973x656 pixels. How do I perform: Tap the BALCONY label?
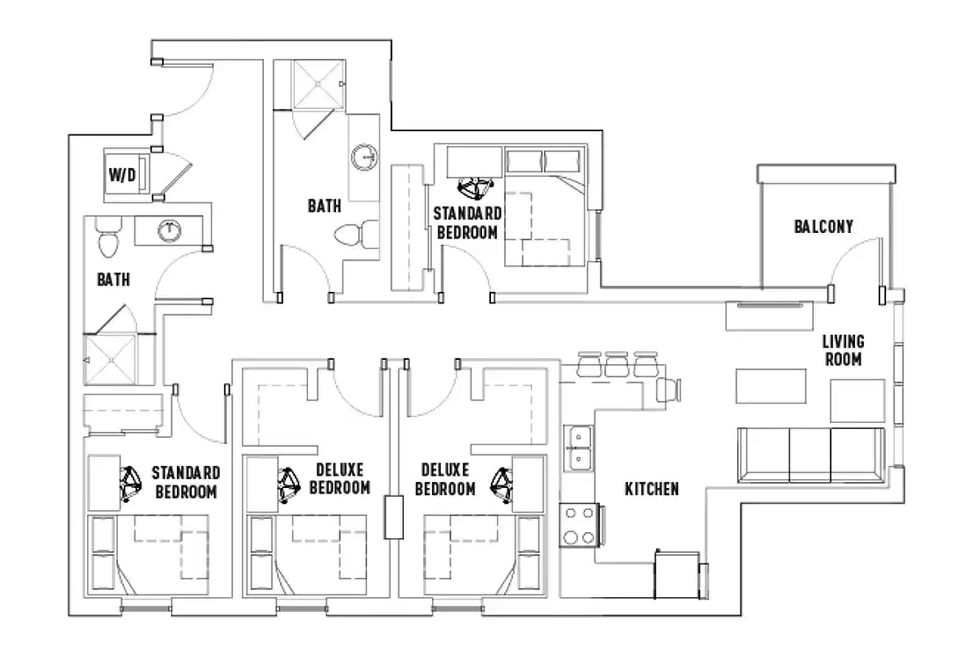pos(823,226)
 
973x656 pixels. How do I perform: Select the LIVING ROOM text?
pos(843,349)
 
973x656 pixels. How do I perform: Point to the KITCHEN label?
pos(652,490)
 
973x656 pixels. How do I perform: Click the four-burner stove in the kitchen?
pos(580,526)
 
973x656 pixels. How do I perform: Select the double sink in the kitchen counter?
pos(580,448)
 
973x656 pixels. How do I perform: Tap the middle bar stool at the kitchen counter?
pos(616,363)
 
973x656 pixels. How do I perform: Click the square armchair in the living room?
pos(857,399)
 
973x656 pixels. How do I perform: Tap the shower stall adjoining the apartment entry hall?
pos(316,84)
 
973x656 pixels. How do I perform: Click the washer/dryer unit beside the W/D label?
pos(142,174)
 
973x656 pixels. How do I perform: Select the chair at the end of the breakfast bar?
pos(670,389)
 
